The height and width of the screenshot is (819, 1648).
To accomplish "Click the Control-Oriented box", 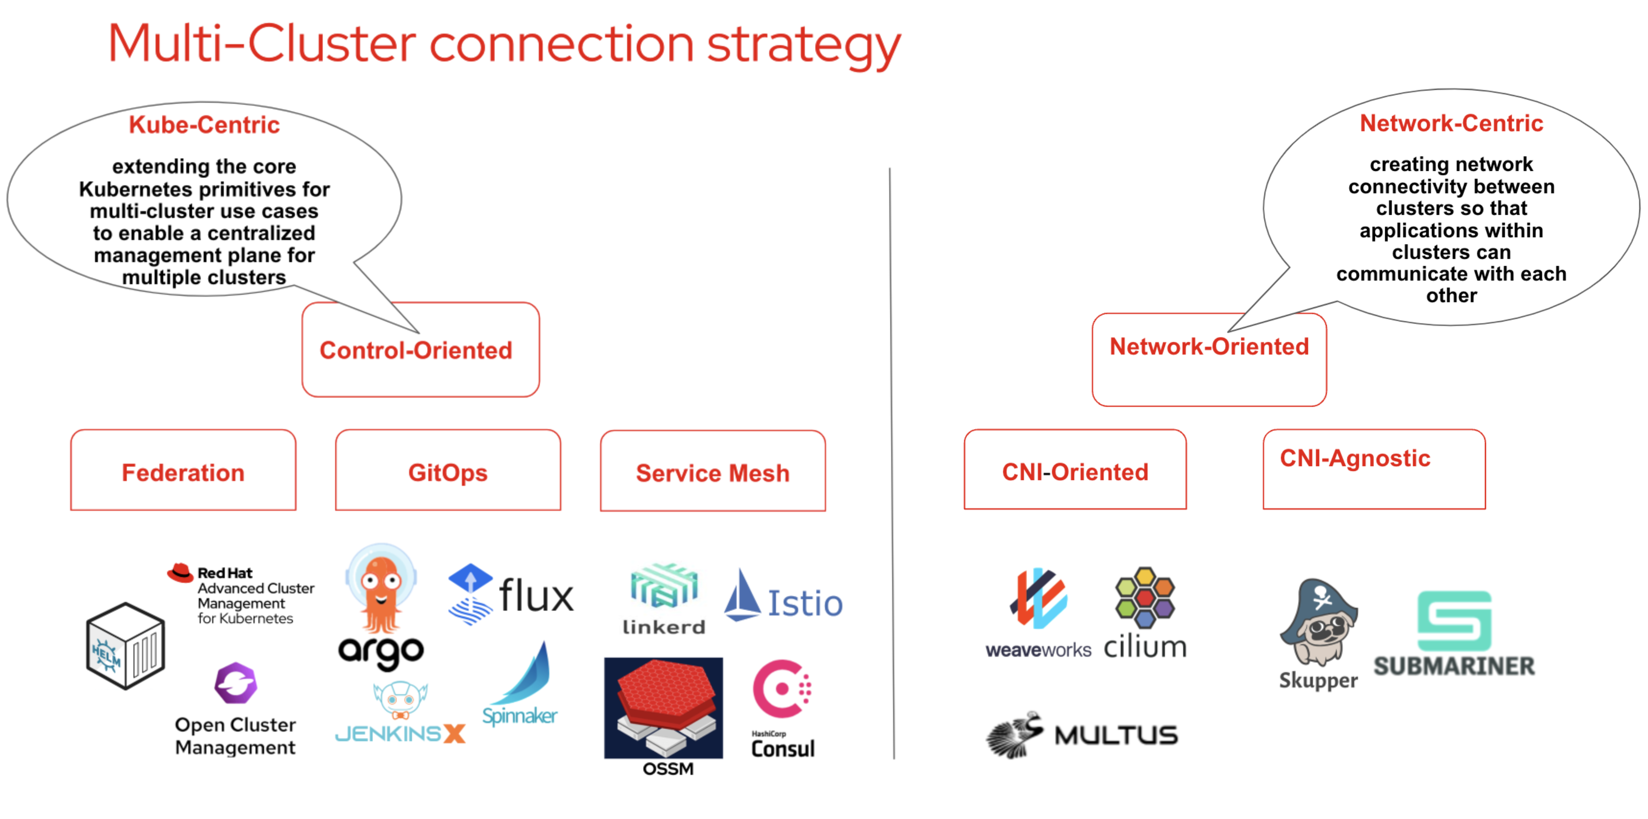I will [x=420, y=350].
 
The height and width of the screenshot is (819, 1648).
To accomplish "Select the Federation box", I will [x=183, y=471].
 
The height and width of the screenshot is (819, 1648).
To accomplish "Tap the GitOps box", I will [x=448, y=471].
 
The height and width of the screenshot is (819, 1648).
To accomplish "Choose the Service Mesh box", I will [x=713, y=471].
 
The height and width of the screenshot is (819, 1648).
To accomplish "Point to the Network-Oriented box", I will [x=1209, y=360].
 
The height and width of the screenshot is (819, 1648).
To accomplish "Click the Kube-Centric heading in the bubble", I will [x=204, y=125].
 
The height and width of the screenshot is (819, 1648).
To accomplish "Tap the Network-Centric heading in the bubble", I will [x=1451, y=123].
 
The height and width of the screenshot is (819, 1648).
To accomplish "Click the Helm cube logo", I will [x=125, y=646].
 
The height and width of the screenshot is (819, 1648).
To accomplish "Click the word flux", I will [x=536, y=595].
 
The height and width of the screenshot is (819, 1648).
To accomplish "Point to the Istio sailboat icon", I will [x=741, y=595].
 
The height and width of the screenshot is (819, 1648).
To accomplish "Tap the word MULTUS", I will [x=1116, y=735].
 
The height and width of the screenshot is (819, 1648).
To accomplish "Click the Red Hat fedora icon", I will [x=181, y=573].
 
